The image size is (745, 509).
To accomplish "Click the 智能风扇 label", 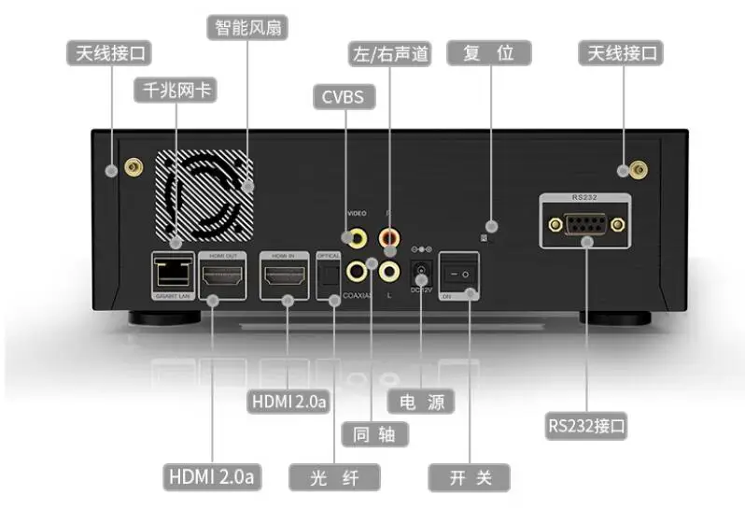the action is (246, 25).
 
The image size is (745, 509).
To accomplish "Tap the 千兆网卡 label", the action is (175, 91).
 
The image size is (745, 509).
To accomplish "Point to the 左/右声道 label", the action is (389, 53).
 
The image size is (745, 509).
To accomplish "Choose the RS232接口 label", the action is (587, 426).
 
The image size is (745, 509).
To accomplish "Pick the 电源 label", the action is (421, 403).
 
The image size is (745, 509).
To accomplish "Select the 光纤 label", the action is (334, 477).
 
